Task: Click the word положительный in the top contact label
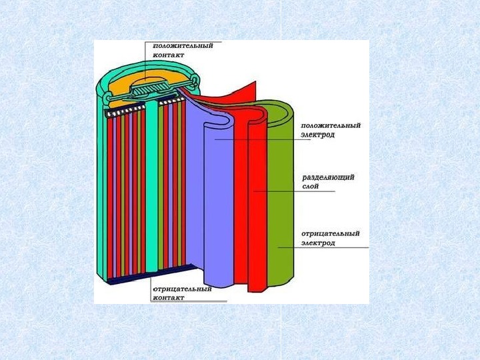(x=183, y=46)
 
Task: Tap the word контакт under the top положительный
(x=168, y=55)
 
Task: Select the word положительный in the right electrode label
(x=331, y=125)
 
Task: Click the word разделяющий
(x=329, y=177)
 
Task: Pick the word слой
(x=311, y=187)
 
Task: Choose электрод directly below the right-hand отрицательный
(x=318, y=243)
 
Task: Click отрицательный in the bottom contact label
(x=182, y=289)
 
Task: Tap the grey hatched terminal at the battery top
(x=148, y=87)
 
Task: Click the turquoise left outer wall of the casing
(x=101, y=193)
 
